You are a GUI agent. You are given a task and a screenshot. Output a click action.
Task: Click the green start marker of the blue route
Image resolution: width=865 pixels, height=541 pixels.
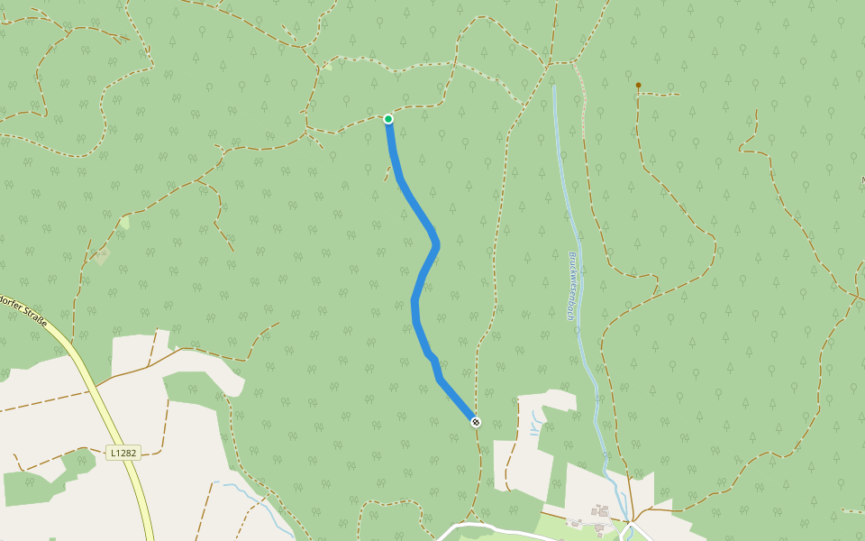coord(388,119)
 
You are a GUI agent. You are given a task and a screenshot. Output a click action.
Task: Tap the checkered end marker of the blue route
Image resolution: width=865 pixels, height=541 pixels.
coord(476,422)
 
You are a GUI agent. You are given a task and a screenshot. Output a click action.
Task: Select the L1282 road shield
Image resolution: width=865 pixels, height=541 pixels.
coord(123,453)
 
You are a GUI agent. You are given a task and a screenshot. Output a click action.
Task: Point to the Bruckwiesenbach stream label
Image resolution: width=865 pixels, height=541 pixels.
coord(571,285)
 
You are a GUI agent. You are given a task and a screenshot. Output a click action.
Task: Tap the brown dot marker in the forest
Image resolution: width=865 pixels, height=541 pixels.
coord(638,86)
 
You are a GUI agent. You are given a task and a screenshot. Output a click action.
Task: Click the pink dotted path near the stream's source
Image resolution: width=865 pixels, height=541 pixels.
coord(581,90)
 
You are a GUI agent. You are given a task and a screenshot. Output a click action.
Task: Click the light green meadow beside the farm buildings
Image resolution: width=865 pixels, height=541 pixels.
coord(559,523)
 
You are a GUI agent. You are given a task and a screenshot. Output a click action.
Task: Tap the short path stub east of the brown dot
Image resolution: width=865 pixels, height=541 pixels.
coord(662,94)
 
